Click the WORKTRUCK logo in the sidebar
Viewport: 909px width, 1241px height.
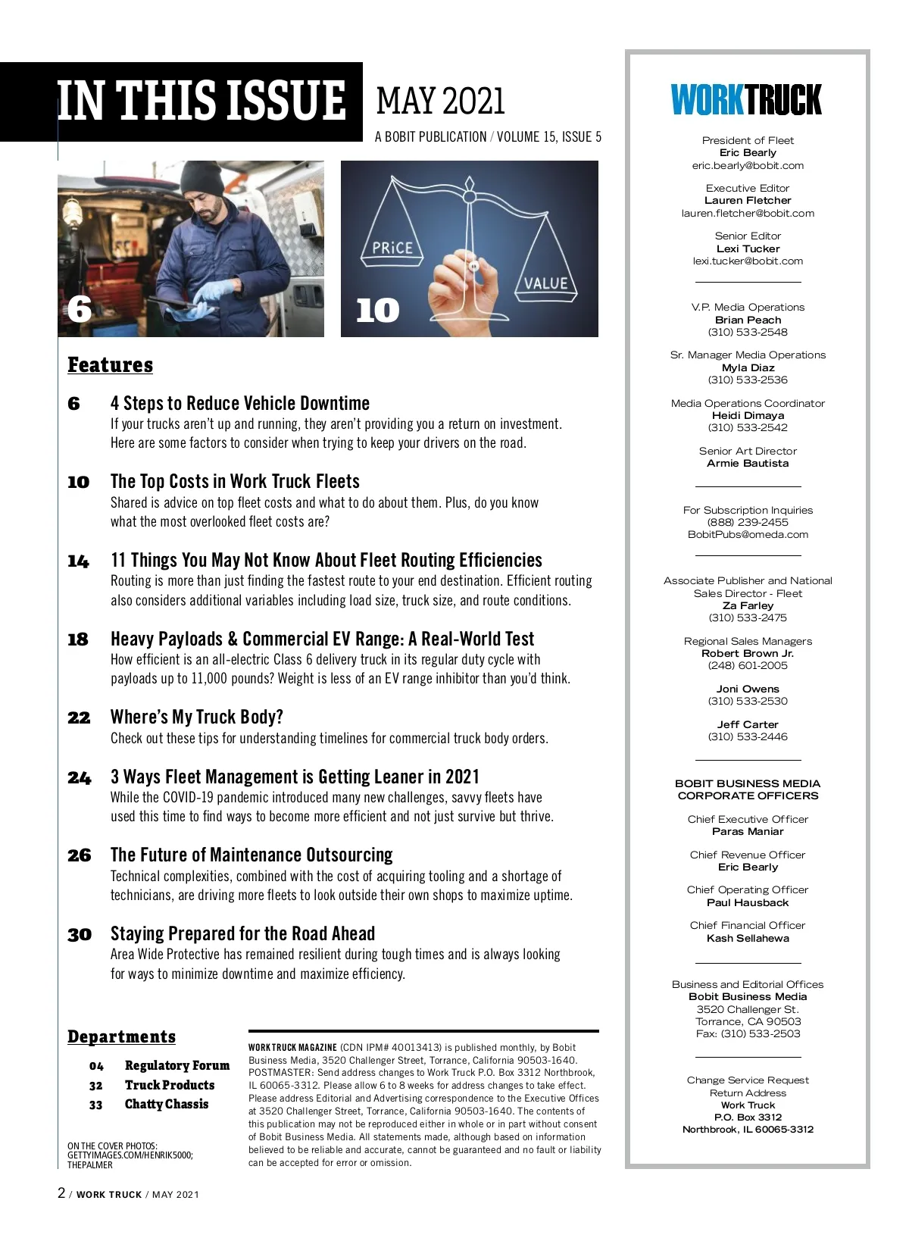[x=746, y=100]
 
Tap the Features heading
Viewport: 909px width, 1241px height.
[x=111, y=365]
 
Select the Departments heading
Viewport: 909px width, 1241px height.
[x=121, y=1036]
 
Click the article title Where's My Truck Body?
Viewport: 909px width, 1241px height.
[x=197, y=717]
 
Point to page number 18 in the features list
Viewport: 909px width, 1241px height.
[x=78, y=639]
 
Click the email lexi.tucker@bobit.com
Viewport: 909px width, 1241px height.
[x=748, y=261]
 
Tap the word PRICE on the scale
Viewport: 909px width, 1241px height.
[x=392, y=248]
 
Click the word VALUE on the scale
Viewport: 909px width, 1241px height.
[x=545, y=283]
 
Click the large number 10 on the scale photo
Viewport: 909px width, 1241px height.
[x=377, y=311]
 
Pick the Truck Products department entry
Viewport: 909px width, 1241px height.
[x=170, y=1085]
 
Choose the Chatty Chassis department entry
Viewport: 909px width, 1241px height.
[x=167, y=1104]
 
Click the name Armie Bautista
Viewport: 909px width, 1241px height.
[x=748, y=464]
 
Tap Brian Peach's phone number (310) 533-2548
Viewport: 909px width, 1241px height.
[x=748, y=333]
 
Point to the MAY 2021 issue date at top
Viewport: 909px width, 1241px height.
[x=440, y=101]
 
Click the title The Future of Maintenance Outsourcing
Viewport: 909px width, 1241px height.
[x=251, y=855]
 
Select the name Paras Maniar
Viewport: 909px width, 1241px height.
[x=748, y=832]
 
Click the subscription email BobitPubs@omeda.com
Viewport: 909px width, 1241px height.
[x=748, y=535]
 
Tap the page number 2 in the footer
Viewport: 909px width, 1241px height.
[x=61, y=1193]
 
